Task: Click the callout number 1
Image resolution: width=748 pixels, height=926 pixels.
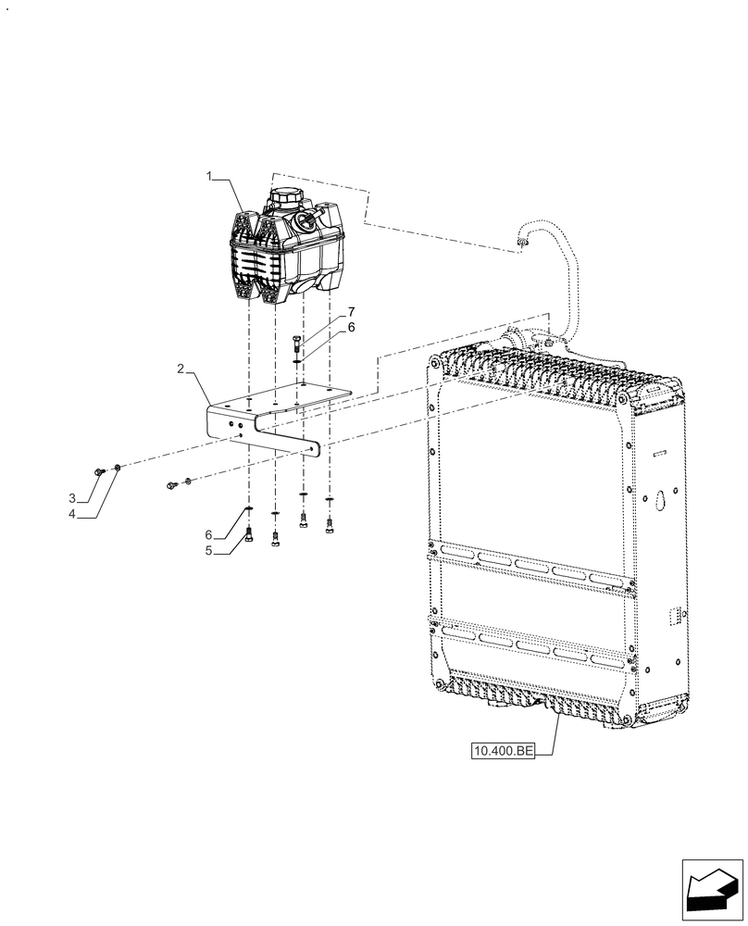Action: pos(210,175)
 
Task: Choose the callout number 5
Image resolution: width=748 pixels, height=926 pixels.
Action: pos(210,550)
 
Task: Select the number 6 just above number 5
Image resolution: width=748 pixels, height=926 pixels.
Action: pos(210,535)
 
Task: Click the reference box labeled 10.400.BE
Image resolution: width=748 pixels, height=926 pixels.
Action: pos(504,752)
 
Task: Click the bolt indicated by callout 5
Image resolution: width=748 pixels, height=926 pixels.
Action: pos(249,533)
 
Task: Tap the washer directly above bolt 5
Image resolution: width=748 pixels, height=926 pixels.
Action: pos(249,510)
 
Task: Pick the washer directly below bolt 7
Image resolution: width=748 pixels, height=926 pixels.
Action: pos(296,362)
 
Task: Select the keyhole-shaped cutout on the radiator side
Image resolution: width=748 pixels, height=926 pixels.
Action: pos(661,497)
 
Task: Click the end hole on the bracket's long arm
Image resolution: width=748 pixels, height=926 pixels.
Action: pos(316,449)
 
